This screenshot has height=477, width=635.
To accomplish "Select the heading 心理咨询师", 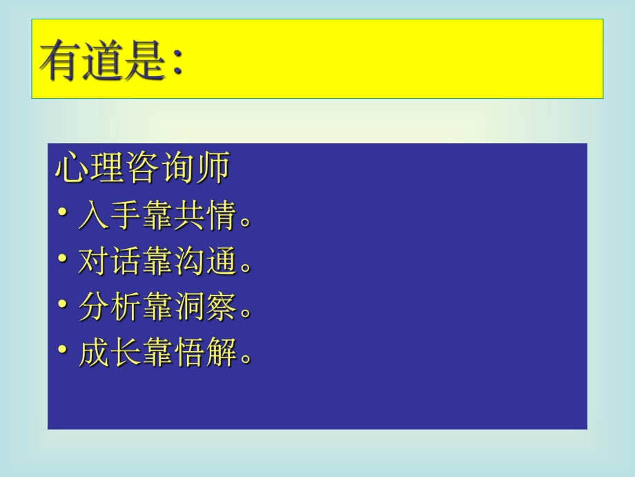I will tap(141, 169).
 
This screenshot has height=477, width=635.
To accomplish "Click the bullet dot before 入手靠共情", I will tap(63, 214).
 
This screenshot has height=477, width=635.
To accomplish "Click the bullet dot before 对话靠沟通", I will tap(63, 260).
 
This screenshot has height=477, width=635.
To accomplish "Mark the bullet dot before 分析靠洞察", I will tap(63, 306).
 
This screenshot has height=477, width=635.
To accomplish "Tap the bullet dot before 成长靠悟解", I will tap(63, 352).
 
